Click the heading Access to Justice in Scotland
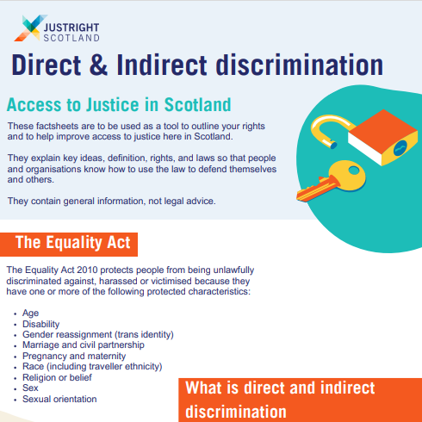119,105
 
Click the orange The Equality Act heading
72,243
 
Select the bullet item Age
31,313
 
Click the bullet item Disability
41,324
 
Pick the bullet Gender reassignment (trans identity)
98,334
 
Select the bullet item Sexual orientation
59,399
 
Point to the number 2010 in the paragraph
75,270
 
